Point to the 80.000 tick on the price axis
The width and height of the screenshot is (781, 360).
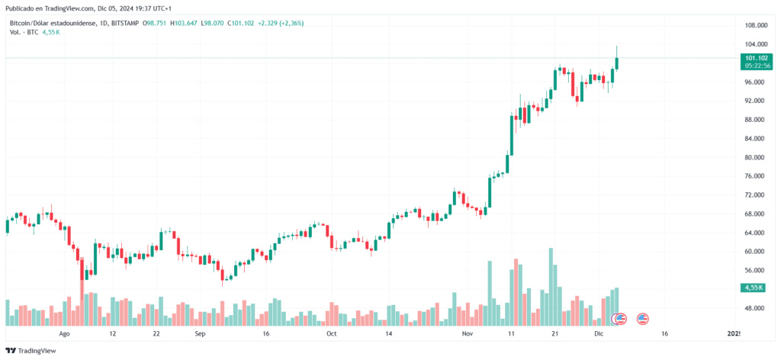[755, 157]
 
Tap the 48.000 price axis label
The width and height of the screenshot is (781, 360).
[755, 308]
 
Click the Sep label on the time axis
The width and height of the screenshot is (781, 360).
[200, 334]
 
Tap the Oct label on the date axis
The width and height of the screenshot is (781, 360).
[331, 334]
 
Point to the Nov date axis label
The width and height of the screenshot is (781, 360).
[468, 334]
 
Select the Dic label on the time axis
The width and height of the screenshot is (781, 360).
[599, 334]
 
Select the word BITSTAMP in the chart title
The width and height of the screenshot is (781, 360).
[125, 23]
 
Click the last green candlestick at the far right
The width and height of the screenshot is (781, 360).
[616, 63]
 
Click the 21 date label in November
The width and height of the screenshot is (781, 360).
[555, 334]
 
